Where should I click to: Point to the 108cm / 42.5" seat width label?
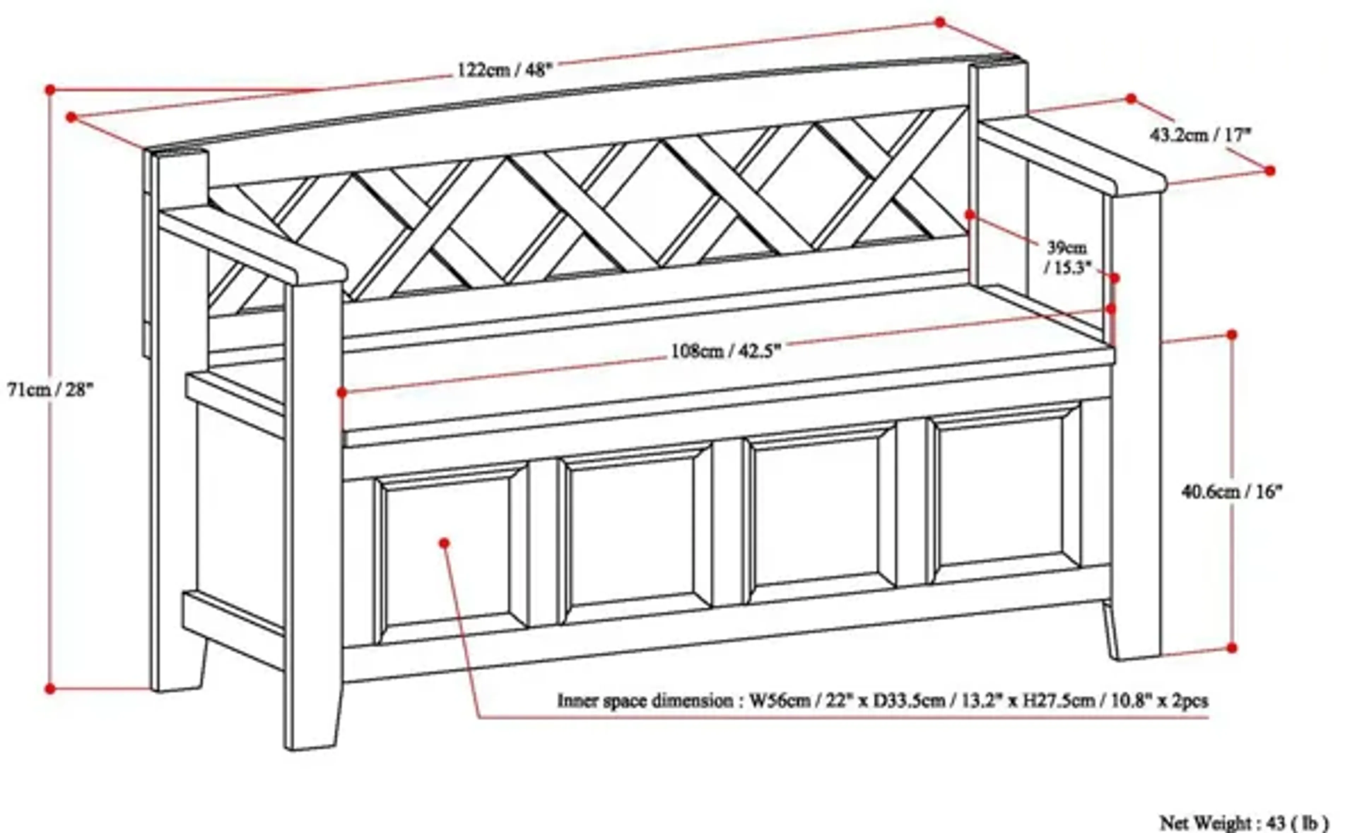[726, 351]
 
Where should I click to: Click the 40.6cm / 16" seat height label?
[1232, 491]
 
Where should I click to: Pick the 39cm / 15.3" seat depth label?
[1067, 257]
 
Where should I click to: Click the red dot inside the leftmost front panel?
[445, 543]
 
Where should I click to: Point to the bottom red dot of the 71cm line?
[50, 689]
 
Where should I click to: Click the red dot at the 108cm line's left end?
[342, 392]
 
